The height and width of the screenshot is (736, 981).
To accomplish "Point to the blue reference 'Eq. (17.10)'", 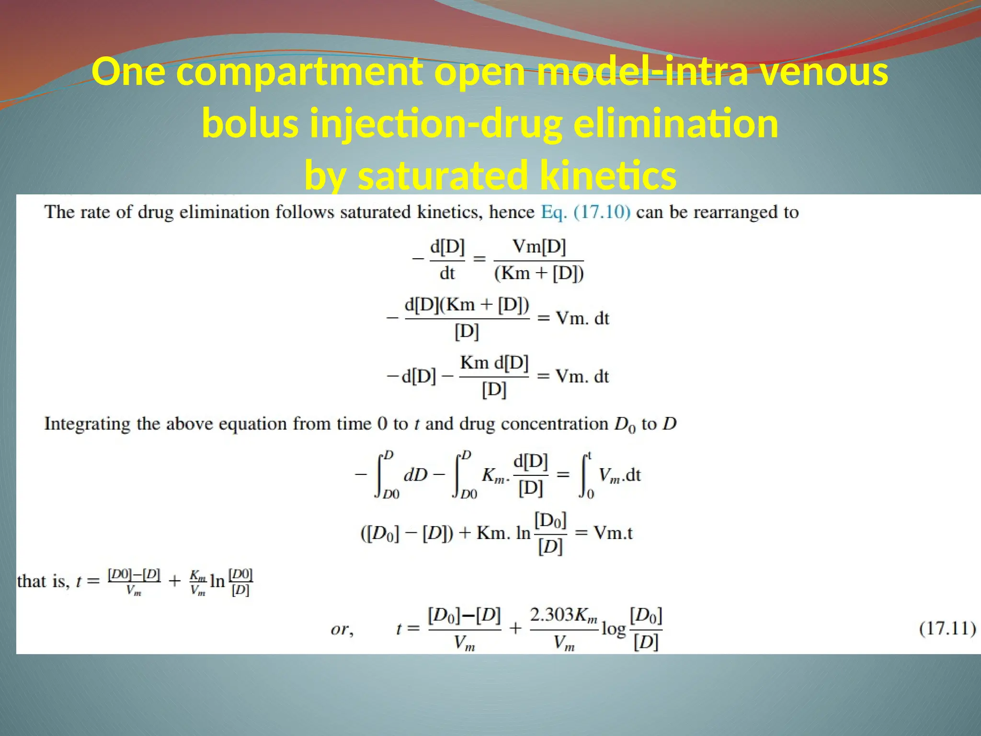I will coord(585,212).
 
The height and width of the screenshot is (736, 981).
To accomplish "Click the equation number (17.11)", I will coord(947,628).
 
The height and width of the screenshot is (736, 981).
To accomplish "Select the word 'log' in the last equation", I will coord(613,629).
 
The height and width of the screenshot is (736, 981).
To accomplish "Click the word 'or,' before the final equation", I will coord(342,629).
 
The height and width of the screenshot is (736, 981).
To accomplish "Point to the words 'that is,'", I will coord(43,581).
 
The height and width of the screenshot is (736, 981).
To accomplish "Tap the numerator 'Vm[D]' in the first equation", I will coord(539,247).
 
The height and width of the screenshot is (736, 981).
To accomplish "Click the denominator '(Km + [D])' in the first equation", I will coord(539,274).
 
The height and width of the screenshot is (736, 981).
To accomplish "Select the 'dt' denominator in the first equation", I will coord(447,274).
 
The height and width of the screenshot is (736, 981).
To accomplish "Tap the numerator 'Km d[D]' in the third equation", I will coord(494,363).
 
